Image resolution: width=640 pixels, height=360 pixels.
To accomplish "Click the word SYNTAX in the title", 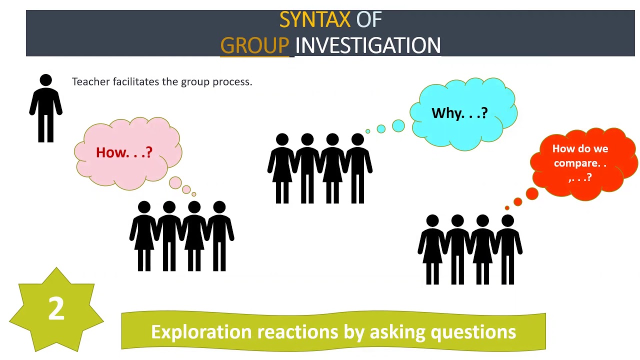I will tap(314, 20).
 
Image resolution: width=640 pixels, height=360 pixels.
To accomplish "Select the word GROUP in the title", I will tap(254, 45).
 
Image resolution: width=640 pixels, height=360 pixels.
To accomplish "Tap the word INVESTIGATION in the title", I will tap(368, 45).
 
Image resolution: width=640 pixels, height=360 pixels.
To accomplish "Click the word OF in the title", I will tap(369, 20).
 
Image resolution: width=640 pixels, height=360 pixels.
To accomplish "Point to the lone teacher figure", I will tap(45, 110).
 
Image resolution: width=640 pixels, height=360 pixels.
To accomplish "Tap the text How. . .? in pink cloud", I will tap(124, 152).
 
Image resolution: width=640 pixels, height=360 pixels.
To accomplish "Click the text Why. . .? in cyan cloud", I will tap(459, 113).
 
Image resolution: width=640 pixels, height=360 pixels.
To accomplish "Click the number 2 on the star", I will tap(56, 308).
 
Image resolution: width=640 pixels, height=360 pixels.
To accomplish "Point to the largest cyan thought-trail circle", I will tap(398, 125).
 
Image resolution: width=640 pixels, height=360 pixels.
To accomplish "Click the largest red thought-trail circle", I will tap(532, 193).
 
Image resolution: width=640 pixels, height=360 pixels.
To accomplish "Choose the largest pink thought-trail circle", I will tap(175, 182).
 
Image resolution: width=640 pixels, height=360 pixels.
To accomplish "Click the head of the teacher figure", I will tap(45, 80).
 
